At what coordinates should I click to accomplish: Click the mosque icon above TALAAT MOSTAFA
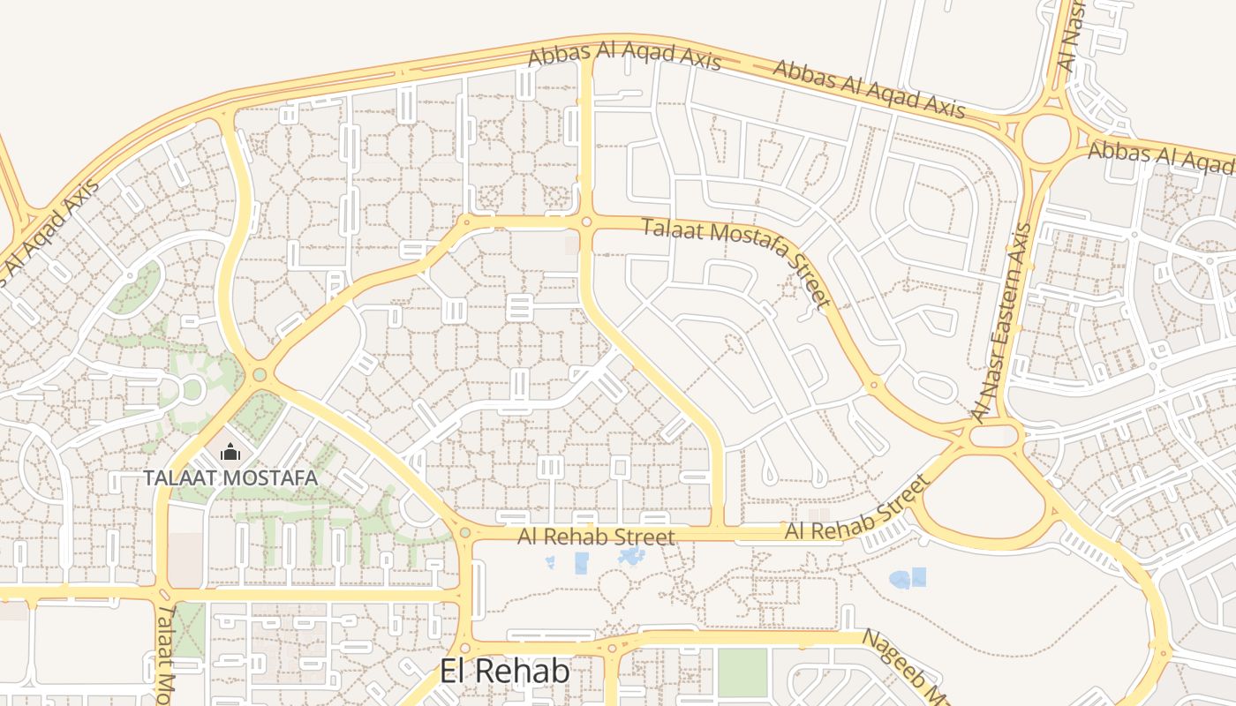(230, 453)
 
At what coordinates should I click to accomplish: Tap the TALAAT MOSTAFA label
(230, 477)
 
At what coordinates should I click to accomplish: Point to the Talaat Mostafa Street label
(738, 262)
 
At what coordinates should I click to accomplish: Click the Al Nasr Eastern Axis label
(1001, 322)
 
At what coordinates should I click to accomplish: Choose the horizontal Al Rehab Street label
(596, 537)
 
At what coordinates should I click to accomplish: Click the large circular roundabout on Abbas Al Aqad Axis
(1047, 137)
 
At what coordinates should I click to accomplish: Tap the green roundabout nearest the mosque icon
(260, 375)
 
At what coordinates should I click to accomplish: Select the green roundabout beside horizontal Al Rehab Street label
(465, 532)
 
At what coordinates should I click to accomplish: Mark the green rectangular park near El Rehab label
(742, 672)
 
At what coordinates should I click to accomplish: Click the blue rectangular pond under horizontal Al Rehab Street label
(581, 562)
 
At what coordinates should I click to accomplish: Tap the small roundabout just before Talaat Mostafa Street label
(586, 222)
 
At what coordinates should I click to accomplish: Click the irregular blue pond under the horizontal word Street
(631, 557)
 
